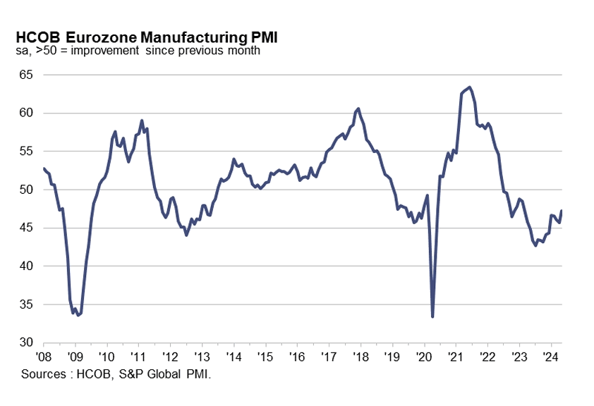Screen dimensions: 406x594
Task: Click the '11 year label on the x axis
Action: tap(138, 356)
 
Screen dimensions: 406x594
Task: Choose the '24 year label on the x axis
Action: tap(551, 356)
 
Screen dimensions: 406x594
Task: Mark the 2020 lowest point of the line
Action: tap(432, 316)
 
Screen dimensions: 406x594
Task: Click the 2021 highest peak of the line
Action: tap(470, 87)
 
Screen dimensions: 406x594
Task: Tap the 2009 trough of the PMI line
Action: tap(78, 315)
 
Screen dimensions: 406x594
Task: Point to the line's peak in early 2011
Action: tap(142, 121)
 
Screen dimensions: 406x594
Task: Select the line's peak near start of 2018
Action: tap(358, 109)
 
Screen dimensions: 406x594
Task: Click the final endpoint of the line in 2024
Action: tap(562, 211)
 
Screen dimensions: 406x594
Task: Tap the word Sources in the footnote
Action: tap(42, 374)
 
